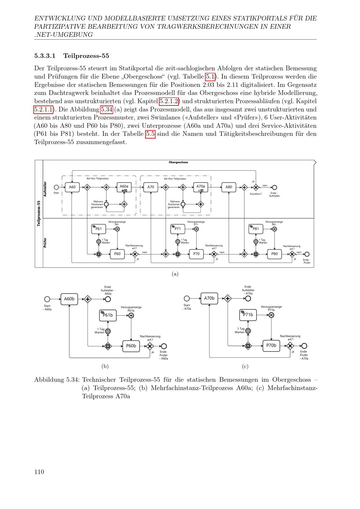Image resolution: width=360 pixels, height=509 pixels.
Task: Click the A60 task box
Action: coord(72,187)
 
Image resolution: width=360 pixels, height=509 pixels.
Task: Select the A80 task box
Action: coord(229,187)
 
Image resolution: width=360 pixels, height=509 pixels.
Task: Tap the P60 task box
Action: coord(117,254)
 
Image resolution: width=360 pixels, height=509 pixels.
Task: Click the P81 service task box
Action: coord(256,229)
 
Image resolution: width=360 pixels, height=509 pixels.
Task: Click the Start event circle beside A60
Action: coord(56,187)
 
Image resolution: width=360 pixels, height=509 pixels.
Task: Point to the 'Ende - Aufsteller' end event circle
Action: coord(274,187)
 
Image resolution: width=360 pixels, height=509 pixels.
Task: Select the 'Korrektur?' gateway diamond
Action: coord(256,187)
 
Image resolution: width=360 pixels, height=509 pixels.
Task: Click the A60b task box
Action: coord(69,299)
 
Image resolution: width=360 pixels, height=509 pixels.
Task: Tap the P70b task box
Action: coord(271,346)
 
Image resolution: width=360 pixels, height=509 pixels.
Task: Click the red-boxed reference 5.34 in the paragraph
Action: coord(107,109)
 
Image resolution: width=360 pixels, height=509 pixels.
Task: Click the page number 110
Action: coord(39,472)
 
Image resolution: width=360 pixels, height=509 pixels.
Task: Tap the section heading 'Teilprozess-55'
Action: coord(86,56)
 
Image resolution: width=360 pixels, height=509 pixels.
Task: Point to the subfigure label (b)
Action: coord(105,366)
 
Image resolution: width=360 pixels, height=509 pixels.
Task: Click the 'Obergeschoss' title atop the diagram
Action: coord(178,162)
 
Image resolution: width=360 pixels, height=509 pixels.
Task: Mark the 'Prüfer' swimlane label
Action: coord(45,242)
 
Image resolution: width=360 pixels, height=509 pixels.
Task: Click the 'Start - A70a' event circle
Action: coord(186,298)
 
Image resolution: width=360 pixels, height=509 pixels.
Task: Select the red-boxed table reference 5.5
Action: coord(150,134)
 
